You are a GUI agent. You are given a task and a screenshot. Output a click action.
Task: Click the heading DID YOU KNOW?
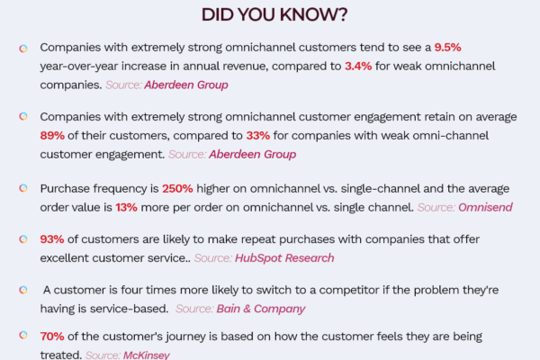coord(274,14)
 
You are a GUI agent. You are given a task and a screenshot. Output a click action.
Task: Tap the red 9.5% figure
coord(447,48)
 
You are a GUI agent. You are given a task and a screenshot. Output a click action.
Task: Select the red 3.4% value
coord(358,66)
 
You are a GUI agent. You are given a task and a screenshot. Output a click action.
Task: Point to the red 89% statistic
coord(52,136)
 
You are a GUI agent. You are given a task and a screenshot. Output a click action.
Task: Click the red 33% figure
coord(258,136)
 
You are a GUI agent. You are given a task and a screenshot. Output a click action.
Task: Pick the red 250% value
coord(177,189)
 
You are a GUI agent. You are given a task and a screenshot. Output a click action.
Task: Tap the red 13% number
coord(126,207)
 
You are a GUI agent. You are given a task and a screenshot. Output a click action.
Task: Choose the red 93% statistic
coord(52,239)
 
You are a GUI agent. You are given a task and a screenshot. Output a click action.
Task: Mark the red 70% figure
coord(52,337)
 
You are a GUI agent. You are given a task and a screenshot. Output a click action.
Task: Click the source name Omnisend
coord(485,207)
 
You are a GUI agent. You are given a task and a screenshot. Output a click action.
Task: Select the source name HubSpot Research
coord(284,258)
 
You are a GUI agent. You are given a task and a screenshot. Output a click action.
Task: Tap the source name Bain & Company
coord(261,309)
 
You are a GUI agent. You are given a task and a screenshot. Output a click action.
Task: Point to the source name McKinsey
coord(147,355)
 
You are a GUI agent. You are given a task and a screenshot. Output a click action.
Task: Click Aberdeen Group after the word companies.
coord(186,85)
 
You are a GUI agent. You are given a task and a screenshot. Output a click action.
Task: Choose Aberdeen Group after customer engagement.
coord(252,154)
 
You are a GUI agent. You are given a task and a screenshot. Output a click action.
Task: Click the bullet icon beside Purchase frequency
coord(23,188)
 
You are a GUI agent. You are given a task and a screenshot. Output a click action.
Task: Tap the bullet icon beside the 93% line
coord(23,239)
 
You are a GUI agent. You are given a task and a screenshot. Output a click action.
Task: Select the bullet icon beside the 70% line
coord(23,335)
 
